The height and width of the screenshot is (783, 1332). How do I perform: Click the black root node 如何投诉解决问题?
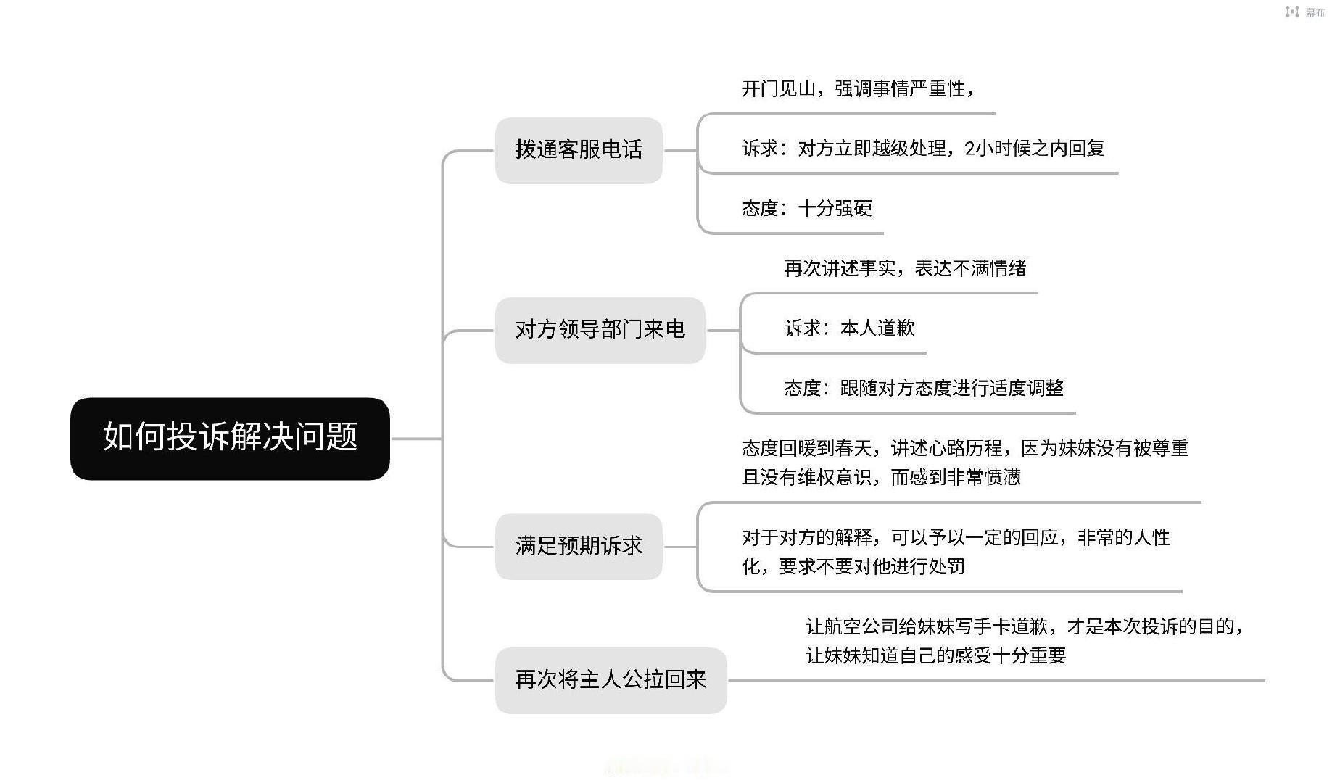(230, 438)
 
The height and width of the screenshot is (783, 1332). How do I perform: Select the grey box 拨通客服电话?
(579, 150)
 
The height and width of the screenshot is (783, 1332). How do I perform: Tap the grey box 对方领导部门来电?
(600, 330)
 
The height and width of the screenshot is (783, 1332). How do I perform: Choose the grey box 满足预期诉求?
(579, 546)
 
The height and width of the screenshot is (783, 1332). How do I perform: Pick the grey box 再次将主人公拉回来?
(611, 680)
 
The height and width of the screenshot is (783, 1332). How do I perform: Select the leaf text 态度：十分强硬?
(807, 209)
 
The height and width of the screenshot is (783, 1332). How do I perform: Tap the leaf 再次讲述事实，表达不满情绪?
(905, 269)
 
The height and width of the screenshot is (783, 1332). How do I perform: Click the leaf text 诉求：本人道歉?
(849, 328)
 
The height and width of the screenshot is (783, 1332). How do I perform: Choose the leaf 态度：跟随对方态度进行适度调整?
(924, 389)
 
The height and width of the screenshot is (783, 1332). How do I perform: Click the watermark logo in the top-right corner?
(1292, 12)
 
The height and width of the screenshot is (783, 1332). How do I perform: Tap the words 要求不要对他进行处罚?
(872, 567)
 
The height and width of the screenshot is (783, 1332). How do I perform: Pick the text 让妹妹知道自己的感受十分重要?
(936, 656)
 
